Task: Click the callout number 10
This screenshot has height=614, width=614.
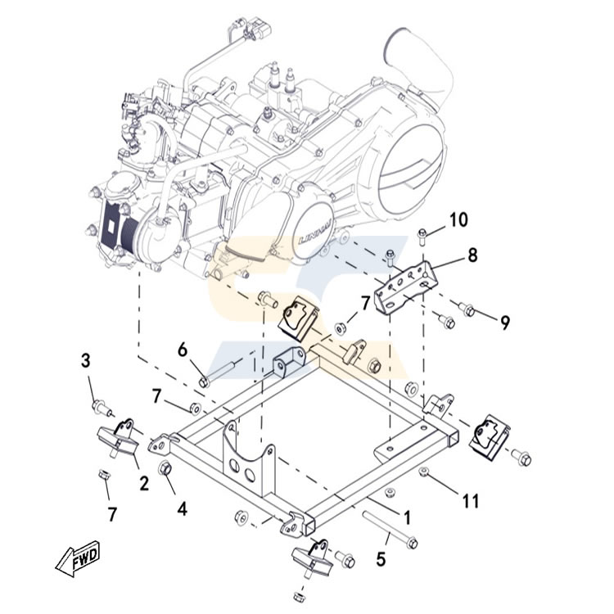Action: [x=458, y=219]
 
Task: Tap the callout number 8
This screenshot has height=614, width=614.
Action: [x=472, y=255]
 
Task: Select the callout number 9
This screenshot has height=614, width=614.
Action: [x=505, y=323]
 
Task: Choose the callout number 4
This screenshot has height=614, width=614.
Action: [x=182, y=508]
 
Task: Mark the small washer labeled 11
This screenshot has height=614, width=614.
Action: [x=425, y=472]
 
